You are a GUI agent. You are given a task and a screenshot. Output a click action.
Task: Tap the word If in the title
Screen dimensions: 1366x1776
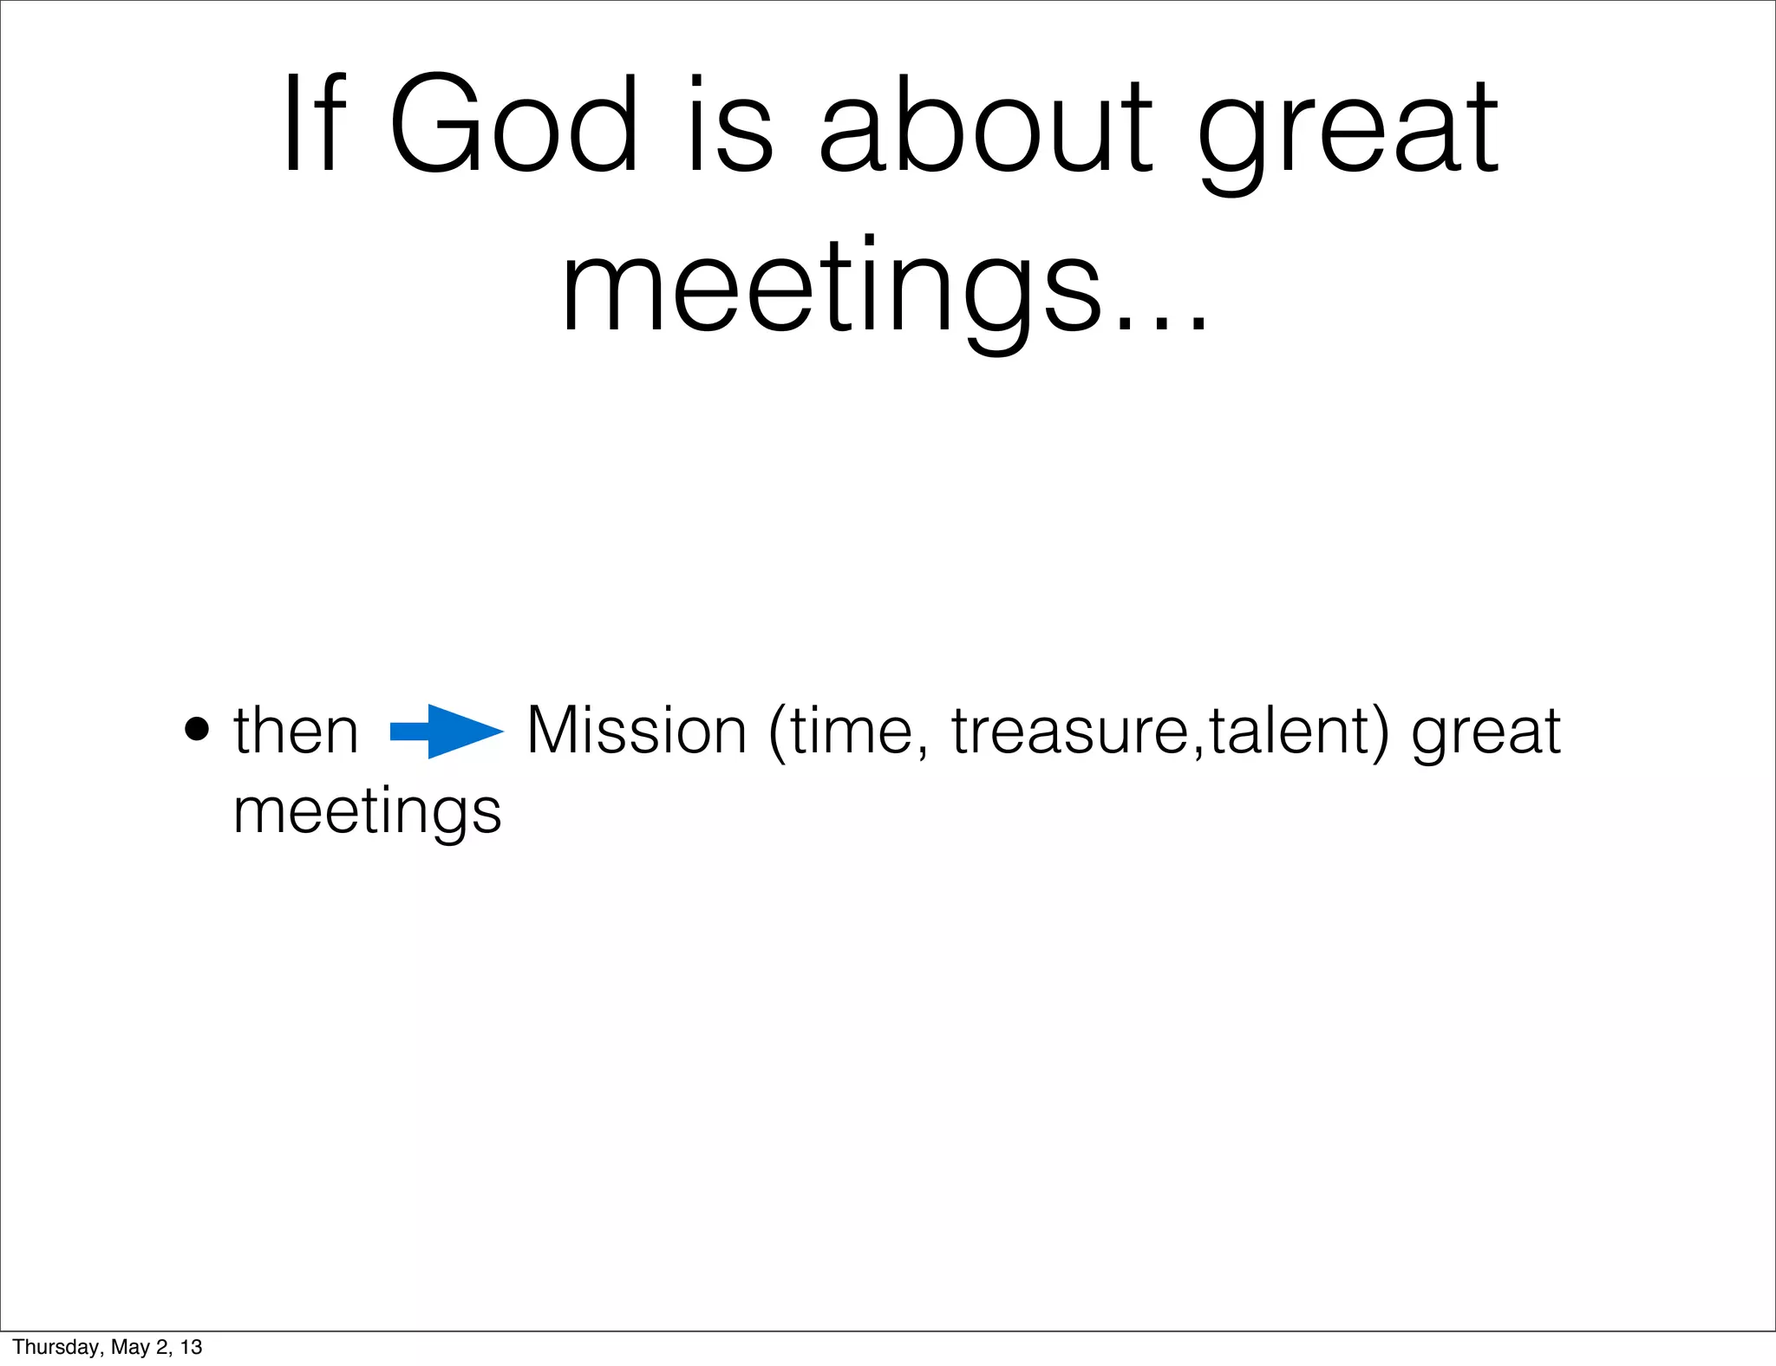click(x=314, y=126)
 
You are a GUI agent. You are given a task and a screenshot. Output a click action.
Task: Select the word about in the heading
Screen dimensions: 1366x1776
click(x=985, y=126)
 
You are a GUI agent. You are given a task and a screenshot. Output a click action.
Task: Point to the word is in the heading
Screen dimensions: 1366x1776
click(x=728, y=126)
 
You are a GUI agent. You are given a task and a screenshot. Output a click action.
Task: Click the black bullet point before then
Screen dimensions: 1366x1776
click(x=197, y=730)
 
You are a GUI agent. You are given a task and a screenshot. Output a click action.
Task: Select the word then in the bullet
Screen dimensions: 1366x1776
click(x=296, y=731)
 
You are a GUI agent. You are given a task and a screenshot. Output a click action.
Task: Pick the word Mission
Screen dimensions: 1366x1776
click(x=636, y=731)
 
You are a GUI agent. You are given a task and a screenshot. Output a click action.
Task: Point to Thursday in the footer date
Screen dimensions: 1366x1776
click(x=55, y=1347)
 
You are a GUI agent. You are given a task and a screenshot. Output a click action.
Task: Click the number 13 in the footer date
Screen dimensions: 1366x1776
click(x=191, y=1347)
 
